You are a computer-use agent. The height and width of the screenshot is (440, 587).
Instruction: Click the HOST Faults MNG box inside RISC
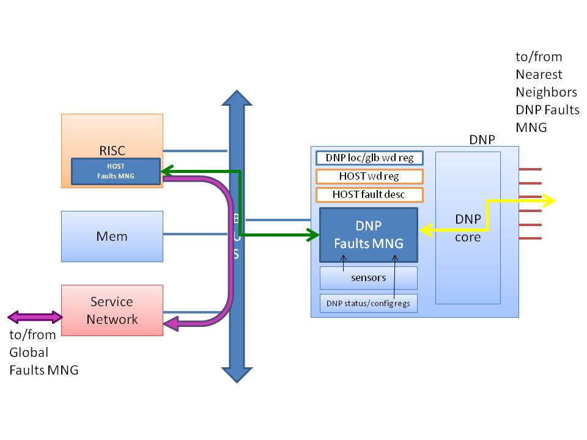pos(116,172)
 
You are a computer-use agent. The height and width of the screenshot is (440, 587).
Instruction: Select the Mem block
pos(113,236)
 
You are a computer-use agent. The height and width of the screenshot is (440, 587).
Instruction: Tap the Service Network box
pos(113,310)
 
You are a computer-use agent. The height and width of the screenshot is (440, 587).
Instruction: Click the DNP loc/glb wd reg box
pos(369,158)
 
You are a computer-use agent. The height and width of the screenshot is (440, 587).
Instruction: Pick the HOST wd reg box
pos(369,177)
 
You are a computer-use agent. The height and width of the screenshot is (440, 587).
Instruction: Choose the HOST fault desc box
pos(369,195)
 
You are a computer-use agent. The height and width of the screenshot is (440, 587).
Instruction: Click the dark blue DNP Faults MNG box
pos(368,235)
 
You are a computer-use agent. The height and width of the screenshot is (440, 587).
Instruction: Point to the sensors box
pos(368,277)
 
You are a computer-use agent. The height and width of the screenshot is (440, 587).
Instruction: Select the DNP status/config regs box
pos(368,303)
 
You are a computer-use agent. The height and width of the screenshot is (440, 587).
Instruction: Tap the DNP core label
pos(468,228)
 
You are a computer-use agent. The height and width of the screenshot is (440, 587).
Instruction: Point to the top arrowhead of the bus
pos(236,101)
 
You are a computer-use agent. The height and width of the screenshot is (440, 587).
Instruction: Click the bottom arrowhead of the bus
pos(236,373)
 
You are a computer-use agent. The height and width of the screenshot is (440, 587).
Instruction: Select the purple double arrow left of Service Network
pos(35,317)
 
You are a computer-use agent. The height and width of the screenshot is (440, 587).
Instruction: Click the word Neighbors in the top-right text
pos(546,92)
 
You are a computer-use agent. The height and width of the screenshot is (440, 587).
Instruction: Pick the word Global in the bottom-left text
pos(28,353)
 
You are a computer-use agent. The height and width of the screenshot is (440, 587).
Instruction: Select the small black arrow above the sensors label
pos(344,263)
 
